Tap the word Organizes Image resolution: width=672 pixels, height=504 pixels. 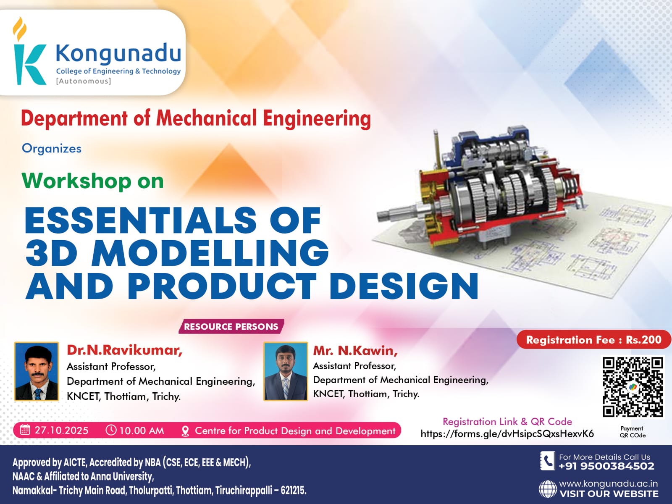pyautogui.click(x=51, y=149)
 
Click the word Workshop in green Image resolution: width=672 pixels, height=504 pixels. pyautogui.click(x=76, y=181)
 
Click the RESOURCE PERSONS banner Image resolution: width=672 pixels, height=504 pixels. pyautogui.click(x=231, y=326)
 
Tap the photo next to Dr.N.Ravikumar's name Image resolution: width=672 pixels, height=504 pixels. pyautogui.click(x=37, y=371)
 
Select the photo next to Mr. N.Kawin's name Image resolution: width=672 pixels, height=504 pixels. pyautogui.click(x=286, y=371)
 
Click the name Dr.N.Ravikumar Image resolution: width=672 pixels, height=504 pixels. pyautogui.click(x=125, y=350)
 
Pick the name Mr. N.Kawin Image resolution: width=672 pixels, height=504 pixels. pyautogui.click(x=355, y=351)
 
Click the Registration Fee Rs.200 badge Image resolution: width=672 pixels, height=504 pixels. pyautogui.click(x=593, y=340)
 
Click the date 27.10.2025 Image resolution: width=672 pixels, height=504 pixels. pyautogui.click(x=61, y=430)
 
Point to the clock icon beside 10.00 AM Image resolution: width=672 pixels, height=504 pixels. pyautogui.click(x=111, y=430)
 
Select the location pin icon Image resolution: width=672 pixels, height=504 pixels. pyautogui.click(x=185, y=431)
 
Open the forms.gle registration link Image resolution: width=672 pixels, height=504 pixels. pyautogui.click(x=507, y=433)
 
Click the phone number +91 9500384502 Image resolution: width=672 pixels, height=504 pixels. pyautogui.click(x=606, y=466)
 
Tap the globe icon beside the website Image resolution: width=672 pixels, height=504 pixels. pyautogui.click(x=547, y=489)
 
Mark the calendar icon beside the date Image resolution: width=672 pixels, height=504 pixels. pyautogui.click(x=25, y=430)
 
